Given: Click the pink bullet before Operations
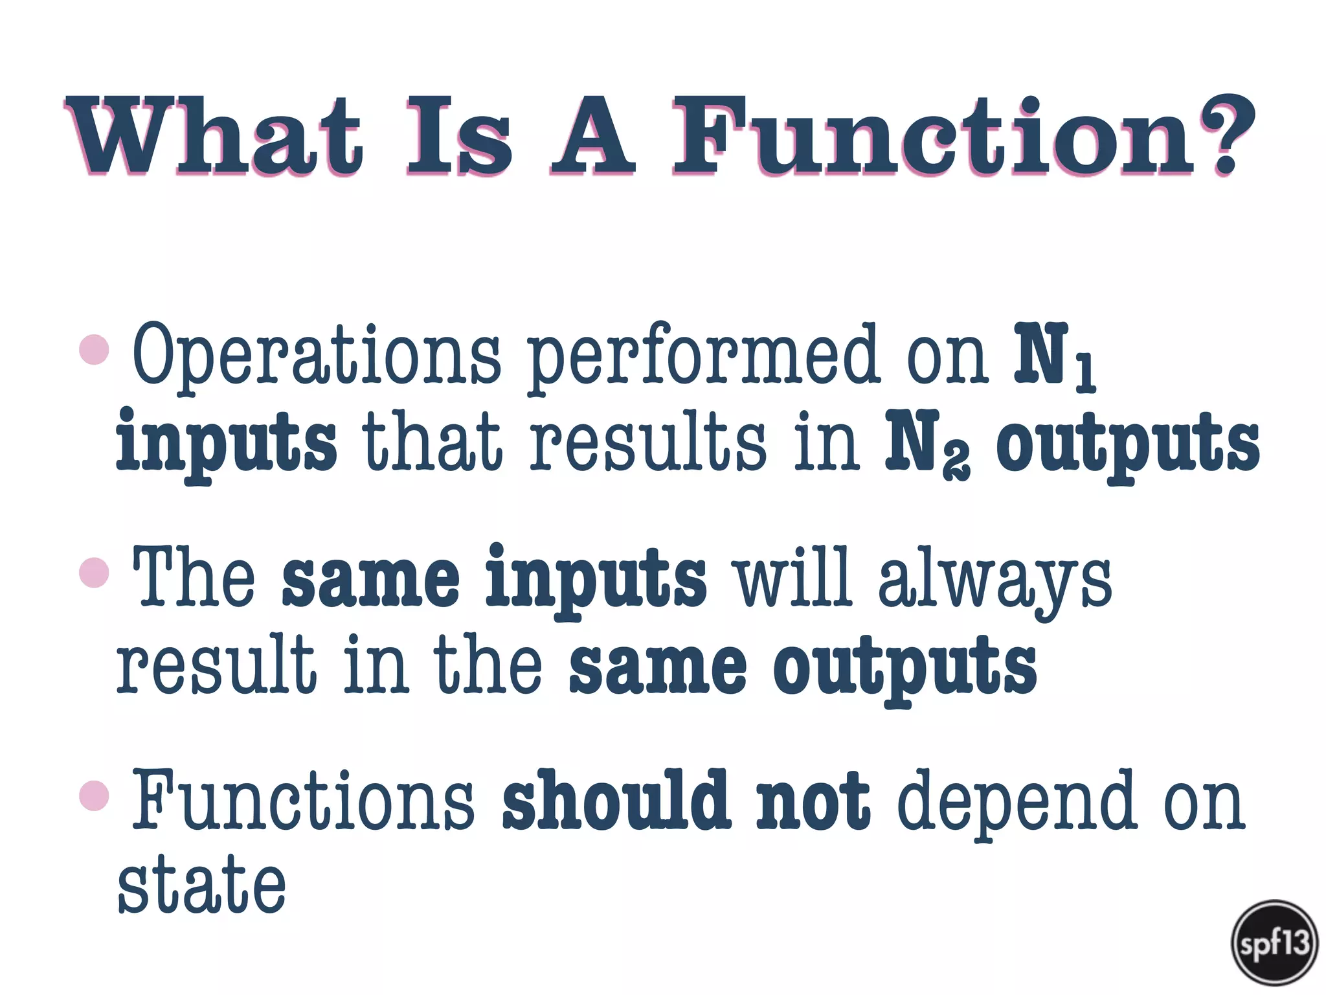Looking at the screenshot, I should [x=95, y=350].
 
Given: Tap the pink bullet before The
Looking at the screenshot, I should [x=95, y=573].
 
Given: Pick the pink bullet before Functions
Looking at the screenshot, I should [x=95, y=795].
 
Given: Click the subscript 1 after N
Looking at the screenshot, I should [x=1085, y=374].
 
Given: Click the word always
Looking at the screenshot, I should [x=994, y=578].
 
